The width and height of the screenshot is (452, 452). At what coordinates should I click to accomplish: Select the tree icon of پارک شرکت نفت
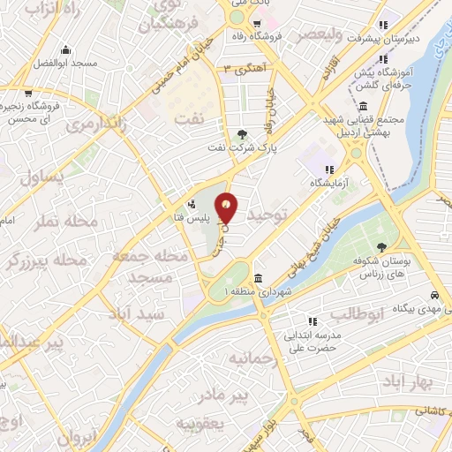coord(243,135)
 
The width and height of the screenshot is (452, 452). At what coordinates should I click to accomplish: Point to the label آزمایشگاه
coord(328,182)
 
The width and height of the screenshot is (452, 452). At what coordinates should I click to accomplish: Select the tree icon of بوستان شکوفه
coord(381,248)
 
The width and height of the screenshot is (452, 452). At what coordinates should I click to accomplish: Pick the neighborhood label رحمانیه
coord(253,360)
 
